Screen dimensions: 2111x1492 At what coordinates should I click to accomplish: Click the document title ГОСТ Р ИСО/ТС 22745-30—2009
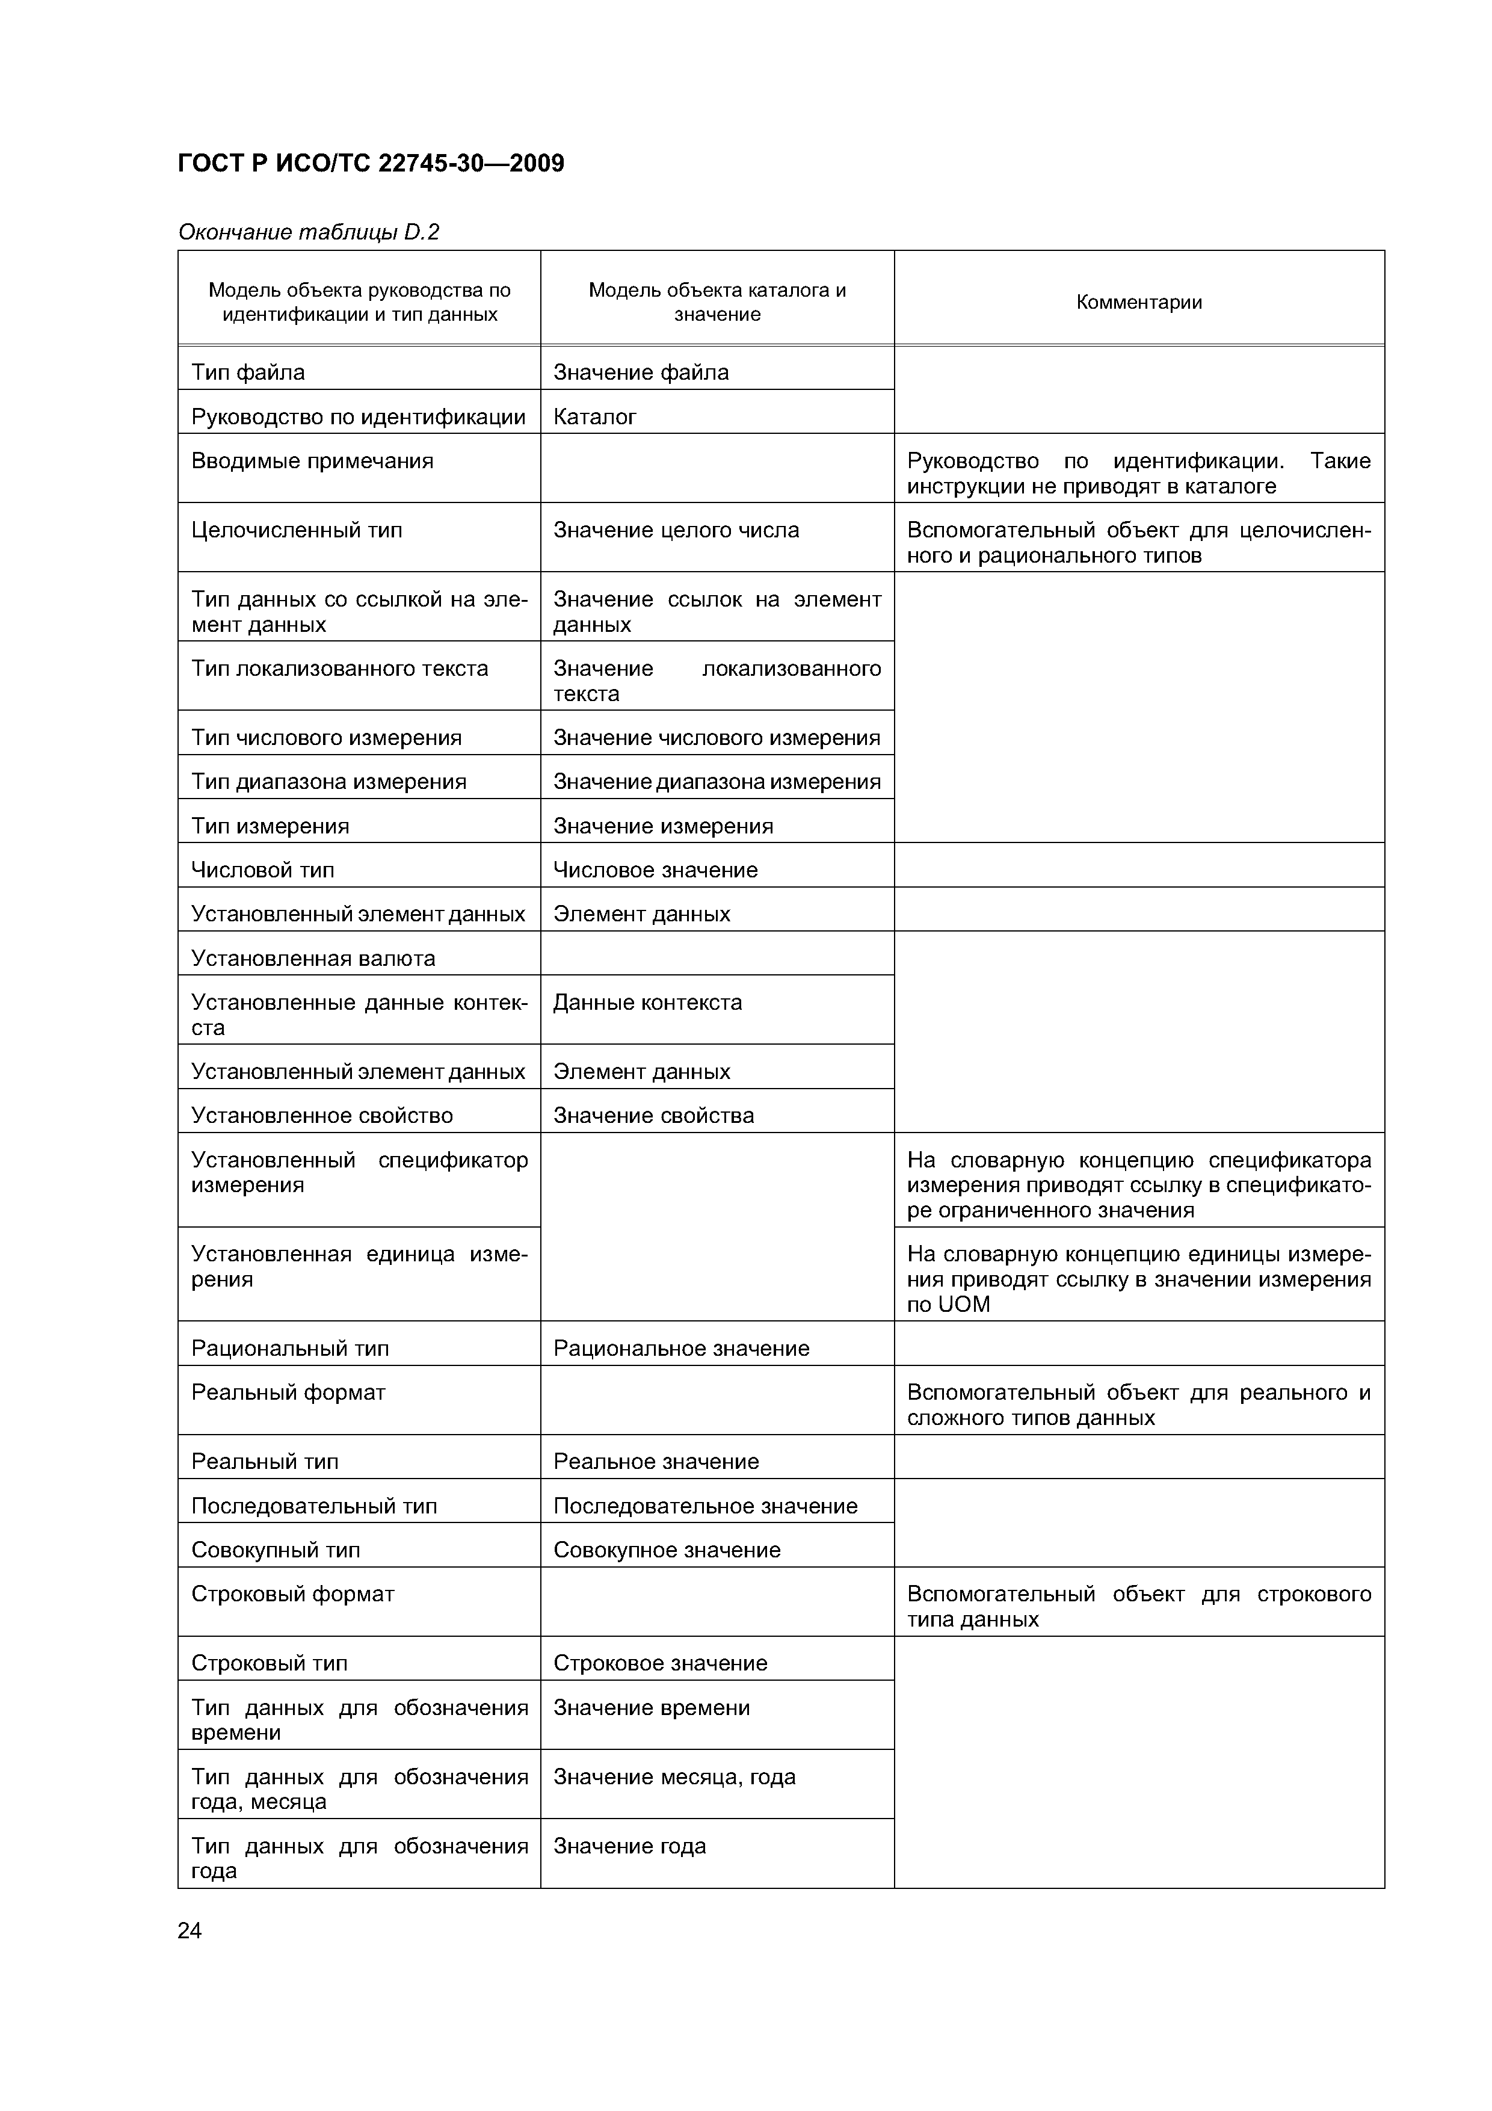[x=371, y=164]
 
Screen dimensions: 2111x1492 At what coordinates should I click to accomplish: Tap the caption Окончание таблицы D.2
[x=308, y=232]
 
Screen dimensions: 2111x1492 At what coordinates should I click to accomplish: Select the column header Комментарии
[x=1138, y=303]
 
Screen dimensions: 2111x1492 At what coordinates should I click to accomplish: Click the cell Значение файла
[x=641, y=372]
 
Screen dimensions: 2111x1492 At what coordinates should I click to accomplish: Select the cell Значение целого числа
[x=676, y=531]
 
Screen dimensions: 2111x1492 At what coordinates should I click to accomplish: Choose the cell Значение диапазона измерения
[x=716, y=782]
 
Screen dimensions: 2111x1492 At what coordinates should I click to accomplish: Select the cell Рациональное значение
[x=681, y=1348]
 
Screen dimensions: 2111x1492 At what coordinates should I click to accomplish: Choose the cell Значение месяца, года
[x=674, y=1776]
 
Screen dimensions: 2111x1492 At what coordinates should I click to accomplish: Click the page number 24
[x=190, y=1931]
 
